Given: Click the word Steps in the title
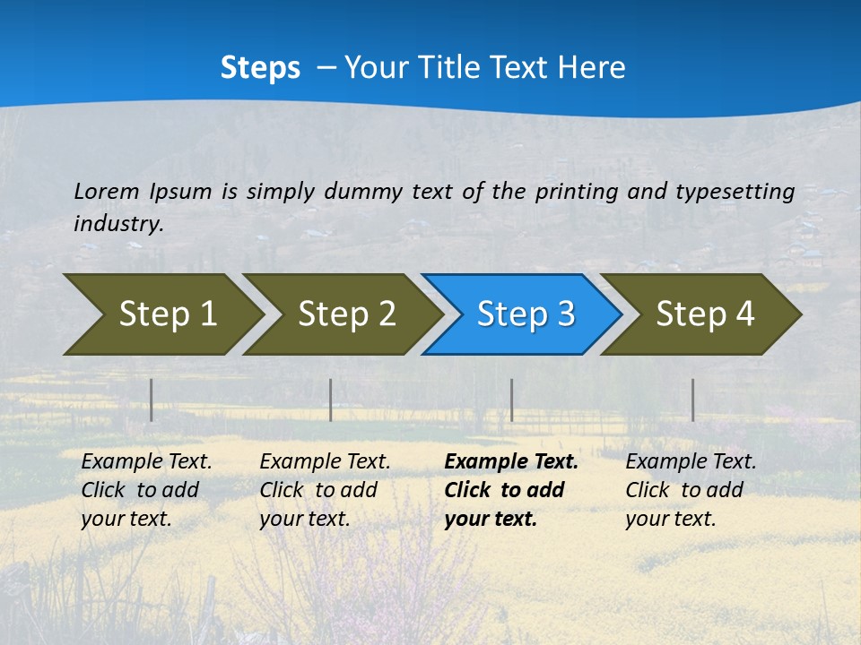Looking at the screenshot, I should click(260, 68).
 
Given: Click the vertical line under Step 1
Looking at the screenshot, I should click(151, 400).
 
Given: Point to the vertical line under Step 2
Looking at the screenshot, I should click(331, 400).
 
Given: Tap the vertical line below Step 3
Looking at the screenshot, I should click(511, 400).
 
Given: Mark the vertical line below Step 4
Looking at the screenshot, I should click(692, 400).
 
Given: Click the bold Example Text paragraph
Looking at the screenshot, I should click(511, 490).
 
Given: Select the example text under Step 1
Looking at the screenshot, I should click(146, 490).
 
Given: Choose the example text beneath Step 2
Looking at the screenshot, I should click(325, 490).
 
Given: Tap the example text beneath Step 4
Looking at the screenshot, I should click(691, 490).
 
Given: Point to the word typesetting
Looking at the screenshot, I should click(735, 191).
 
